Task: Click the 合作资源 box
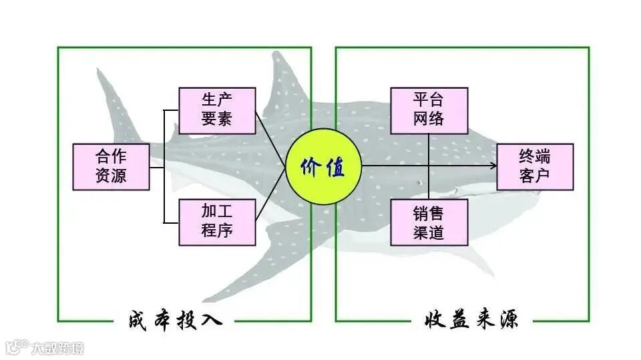[111, 167]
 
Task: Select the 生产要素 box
[217, 110]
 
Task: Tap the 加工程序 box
[217, 222]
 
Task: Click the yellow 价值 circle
[323, 166]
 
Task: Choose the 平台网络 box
[429, 110]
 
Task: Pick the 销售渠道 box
[429, 222]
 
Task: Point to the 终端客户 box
[535, 167]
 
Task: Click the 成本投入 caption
[175, 320]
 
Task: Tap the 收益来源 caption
[471, 320]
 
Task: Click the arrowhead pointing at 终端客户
[492, 166]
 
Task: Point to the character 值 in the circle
[335, 167]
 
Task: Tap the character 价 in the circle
[311, 167]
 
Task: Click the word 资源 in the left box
[111, 176]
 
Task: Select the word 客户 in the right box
[535, 176]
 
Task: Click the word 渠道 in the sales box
[429, 232]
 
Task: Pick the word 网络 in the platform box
[429, 120]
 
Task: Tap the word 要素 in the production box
[217, 120]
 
